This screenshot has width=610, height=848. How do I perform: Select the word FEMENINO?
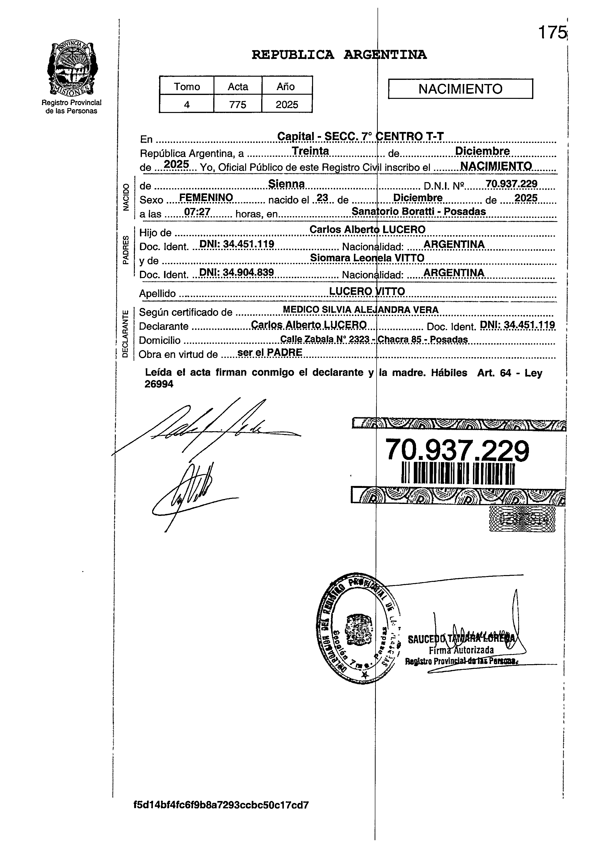206,197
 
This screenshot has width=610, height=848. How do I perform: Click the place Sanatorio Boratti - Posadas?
419,211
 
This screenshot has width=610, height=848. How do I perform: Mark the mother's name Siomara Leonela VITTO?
367,258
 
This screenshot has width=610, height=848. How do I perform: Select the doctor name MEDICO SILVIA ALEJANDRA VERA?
360,310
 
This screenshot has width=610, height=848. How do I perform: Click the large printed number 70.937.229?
457,451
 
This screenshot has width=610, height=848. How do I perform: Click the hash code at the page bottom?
221,815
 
